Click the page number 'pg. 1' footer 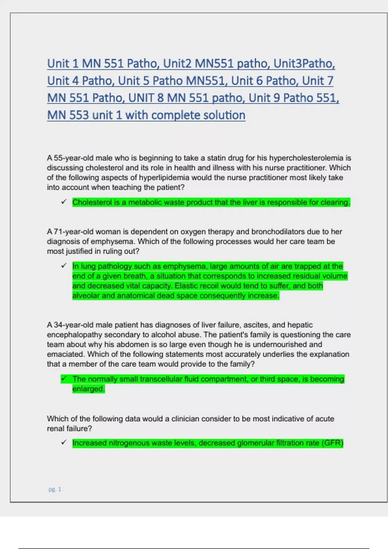pos(55,489)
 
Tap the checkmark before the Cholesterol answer pos(64,202)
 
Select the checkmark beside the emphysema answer pos(64,266)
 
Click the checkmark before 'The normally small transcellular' pos(64,378)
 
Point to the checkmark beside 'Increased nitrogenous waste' pos(64,442)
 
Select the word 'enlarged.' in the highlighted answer pos(89,389)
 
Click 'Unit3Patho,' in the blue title pos(304,64)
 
